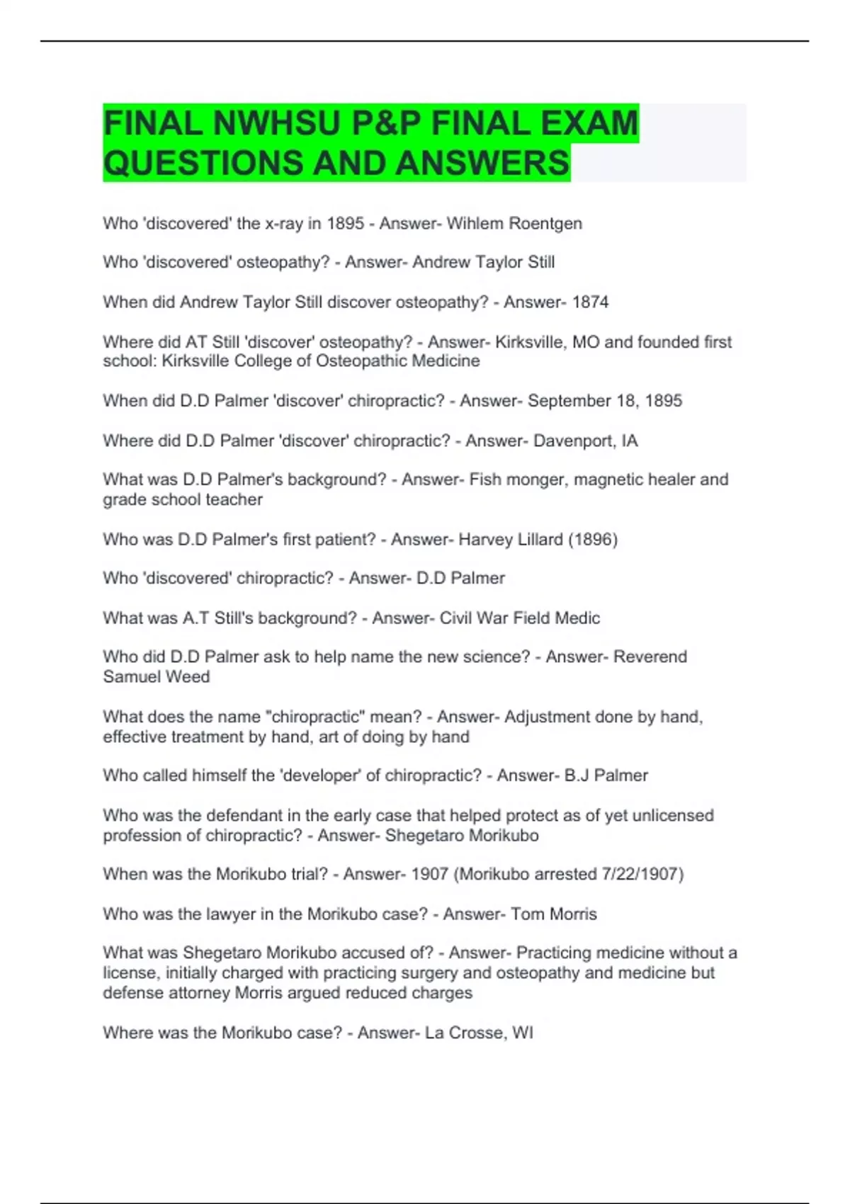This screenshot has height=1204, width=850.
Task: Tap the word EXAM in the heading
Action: (x=589, y=124)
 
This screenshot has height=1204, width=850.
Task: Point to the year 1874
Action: (x=590, y=302)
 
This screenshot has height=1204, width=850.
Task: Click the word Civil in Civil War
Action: (x=455, y=618)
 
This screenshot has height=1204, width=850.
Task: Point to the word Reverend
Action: (x=650, y=657)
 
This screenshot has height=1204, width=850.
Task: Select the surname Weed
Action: (x=188, y=677)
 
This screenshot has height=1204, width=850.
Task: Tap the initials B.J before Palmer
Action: (x=576, y=776)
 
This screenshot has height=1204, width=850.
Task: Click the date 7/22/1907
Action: (x=640, y=874)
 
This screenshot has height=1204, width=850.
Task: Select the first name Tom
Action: (x=528, y=914)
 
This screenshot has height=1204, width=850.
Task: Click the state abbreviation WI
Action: (x=522, y=1033)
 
